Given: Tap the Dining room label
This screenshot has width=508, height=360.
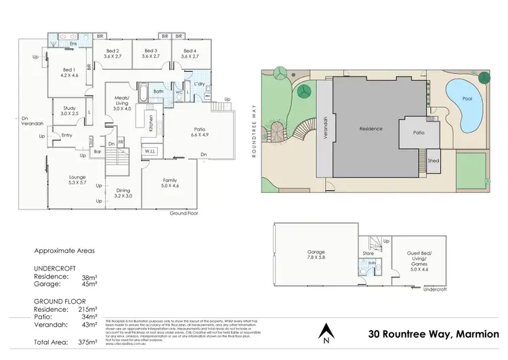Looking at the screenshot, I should (123, 192).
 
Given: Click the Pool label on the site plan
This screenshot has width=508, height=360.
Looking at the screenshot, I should (467, 99).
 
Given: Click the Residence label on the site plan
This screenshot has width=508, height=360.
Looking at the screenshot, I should (371, 129).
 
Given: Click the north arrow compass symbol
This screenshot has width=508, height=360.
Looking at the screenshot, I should (325, 332).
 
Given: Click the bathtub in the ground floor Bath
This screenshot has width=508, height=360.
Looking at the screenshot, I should (147, 91).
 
